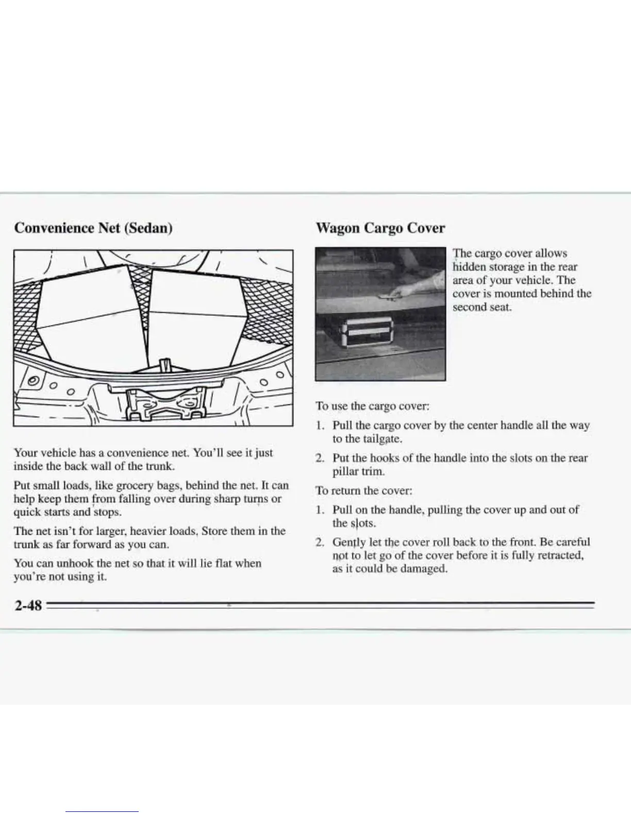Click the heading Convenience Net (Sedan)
[x=93, y=227]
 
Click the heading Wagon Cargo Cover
[x=380, y=227]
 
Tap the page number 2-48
[x=28, y=605]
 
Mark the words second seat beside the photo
[x=481, y=307]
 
